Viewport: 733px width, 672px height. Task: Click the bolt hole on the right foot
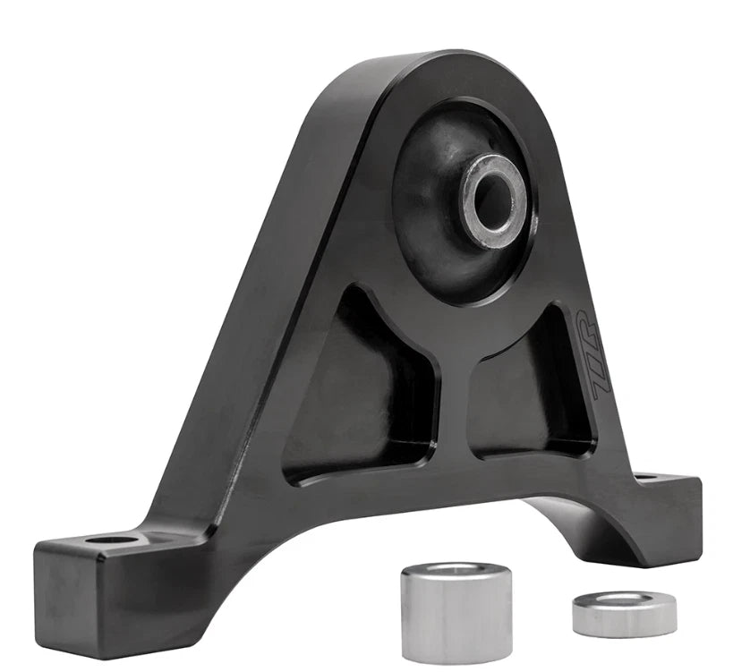(x=645, y=478)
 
